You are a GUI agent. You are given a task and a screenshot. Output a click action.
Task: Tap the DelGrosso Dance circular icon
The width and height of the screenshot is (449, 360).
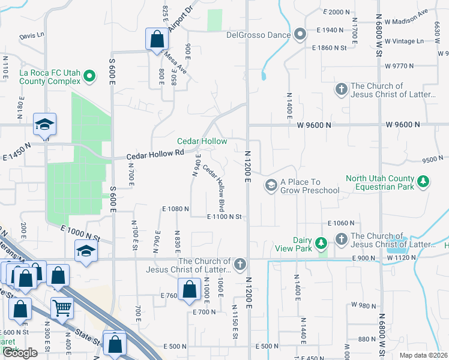(x=300, y=34)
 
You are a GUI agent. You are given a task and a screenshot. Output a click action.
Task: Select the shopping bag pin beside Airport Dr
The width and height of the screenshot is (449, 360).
(x=156, y=40)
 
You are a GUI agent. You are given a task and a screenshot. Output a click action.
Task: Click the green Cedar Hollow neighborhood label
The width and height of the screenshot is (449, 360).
(x=202, y=141)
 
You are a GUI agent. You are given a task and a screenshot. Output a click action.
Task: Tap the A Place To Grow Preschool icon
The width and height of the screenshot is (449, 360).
(x=271, y=185)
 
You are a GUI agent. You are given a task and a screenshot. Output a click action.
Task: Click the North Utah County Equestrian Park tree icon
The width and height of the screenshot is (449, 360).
(x=423, y=182)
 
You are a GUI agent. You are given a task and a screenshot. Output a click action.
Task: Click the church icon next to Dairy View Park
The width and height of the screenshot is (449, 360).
(x=341, y=239)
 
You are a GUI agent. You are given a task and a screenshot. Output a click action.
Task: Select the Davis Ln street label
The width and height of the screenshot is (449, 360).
(x=32, y=36)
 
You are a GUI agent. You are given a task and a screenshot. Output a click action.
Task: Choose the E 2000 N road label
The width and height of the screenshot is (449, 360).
(x=336, y=12)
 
